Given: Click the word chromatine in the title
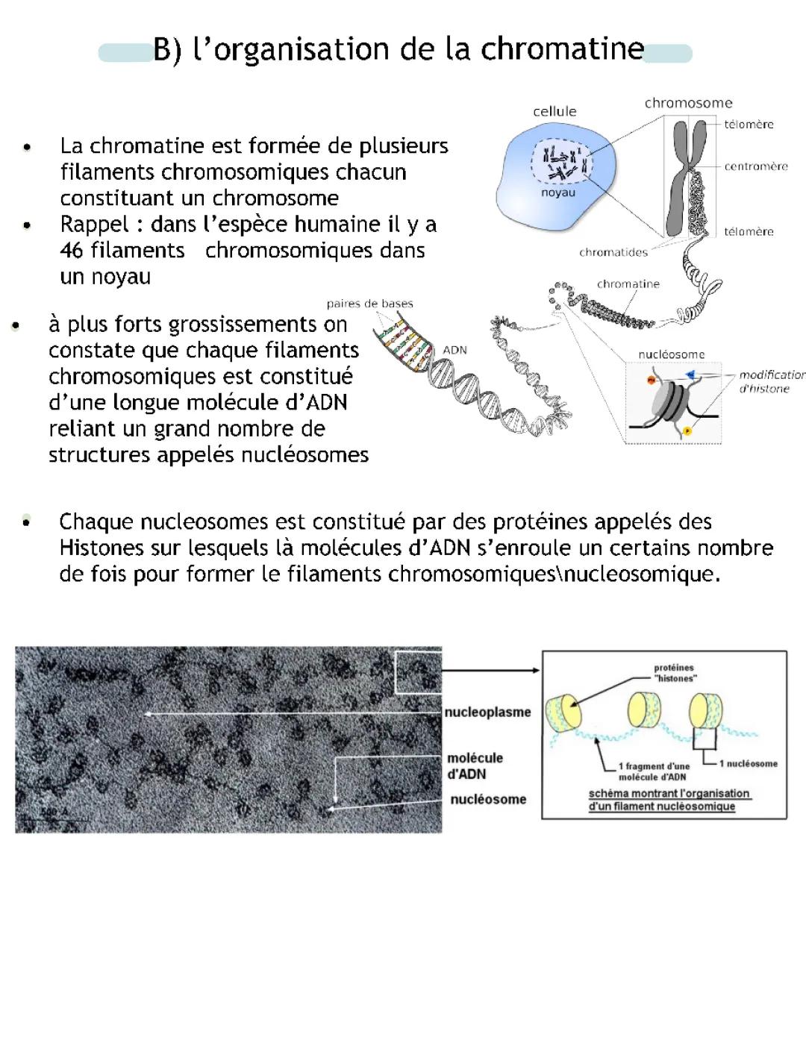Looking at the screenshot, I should (x=562, y=49).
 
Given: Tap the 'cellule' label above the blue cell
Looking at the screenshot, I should (x=554, y=111).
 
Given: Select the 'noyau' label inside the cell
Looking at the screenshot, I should (x=558, y=192).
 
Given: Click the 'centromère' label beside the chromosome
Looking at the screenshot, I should (x=755, y=166).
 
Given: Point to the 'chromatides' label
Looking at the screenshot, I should (x=613, y=252).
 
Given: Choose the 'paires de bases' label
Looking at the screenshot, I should (x=369, y=304).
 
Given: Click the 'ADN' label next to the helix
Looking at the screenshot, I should (x=454, y=350).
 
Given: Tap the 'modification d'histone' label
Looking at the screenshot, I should (x=771, y=381).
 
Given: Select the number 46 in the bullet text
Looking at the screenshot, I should (x=72, y=250).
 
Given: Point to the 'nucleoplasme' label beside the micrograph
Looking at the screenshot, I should (x=487, y=712).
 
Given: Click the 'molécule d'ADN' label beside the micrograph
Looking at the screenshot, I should (x=475, y=765).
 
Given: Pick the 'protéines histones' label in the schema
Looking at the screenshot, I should (x=675, y=673).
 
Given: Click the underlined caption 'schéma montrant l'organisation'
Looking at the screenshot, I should (x=669, y=794).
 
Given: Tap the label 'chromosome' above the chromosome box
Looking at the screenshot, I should (x=688, y=103).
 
